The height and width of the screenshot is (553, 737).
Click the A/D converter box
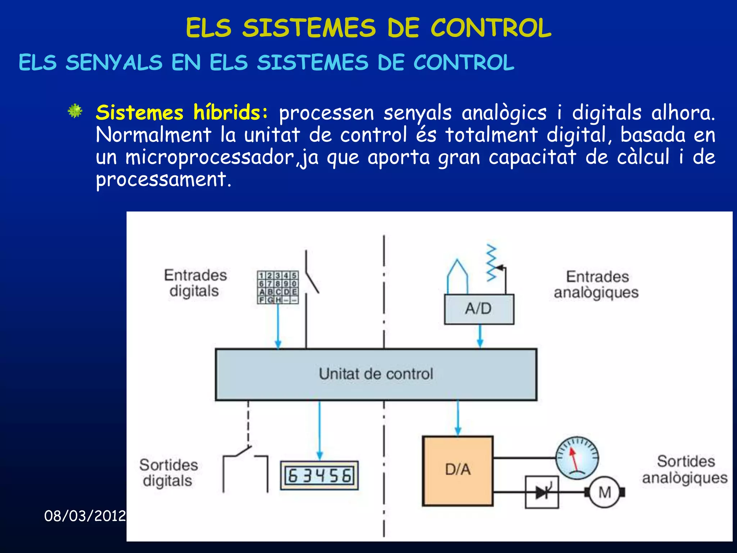[479, 309]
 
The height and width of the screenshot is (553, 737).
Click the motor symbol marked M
[605, 492]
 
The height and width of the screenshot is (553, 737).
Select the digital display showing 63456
[319, 476]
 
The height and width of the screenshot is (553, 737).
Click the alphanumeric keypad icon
[278, 287]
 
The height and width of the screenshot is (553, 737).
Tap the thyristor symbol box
[542, 492]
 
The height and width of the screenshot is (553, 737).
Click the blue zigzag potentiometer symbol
[492, 263]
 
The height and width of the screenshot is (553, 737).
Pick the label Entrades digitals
[195, 283]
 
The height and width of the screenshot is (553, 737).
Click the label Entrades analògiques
[596, 284]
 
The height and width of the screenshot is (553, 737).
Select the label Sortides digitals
[168, 473]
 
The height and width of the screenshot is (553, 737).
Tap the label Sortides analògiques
[685, 469]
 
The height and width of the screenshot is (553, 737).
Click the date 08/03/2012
[85, 516]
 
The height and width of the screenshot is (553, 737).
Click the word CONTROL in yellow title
[491, 28]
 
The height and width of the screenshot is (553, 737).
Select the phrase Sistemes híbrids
[182, 112]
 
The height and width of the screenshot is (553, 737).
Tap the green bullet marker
[75, 111]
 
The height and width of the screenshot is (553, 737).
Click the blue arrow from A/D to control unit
[480, 336]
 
